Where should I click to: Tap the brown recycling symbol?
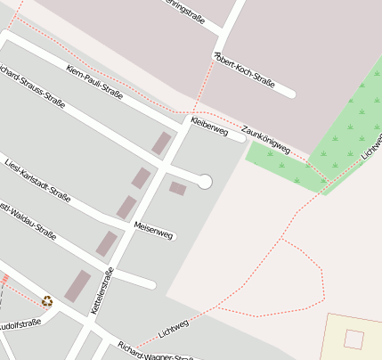[47, 301]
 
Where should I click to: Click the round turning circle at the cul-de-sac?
[205, 182]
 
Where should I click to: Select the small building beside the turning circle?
[178, 189]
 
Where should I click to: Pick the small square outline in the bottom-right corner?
[354, 340]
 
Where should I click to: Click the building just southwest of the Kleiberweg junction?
[161, 143]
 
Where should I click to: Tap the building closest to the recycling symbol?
[77, 286]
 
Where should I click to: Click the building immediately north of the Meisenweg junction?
[126, 208]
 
